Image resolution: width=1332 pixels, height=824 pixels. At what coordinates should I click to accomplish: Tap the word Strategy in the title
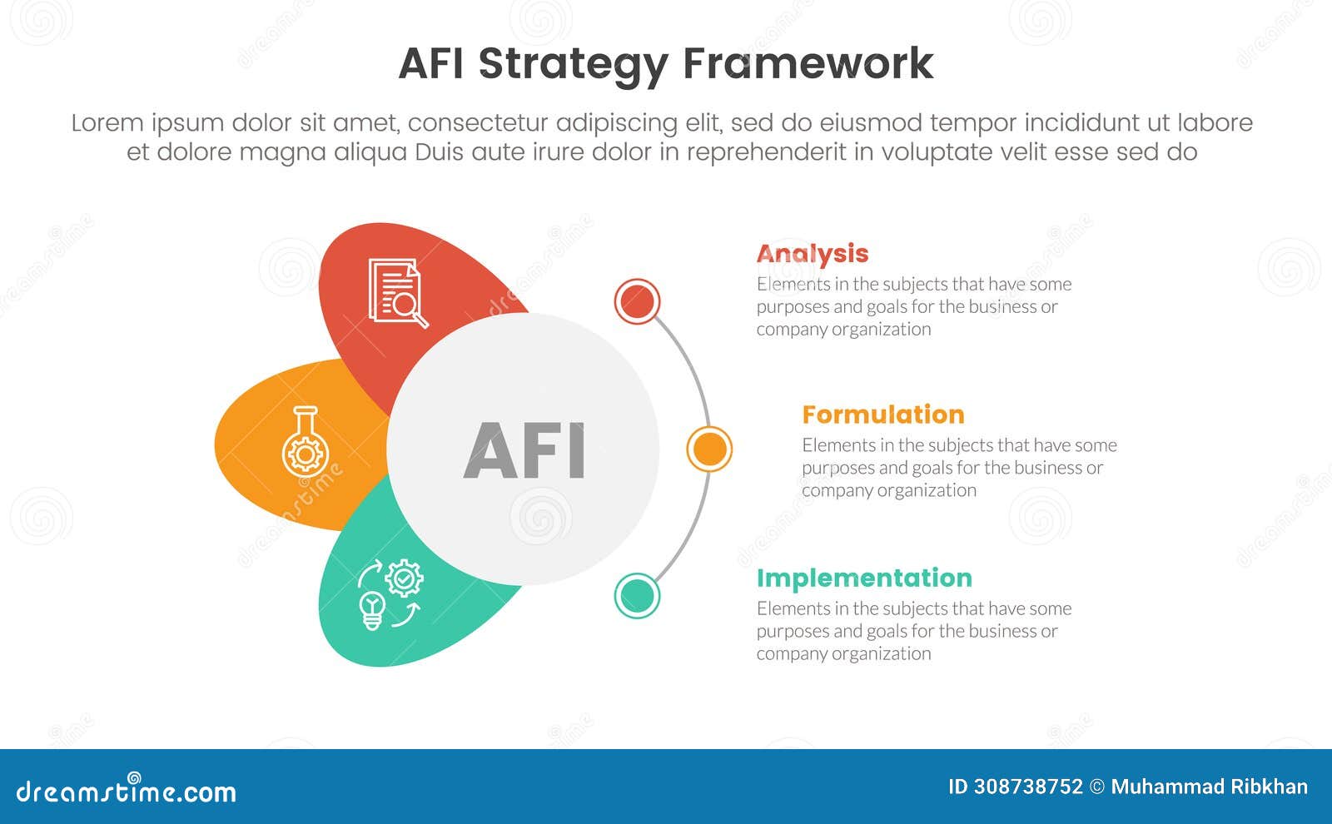[574, 65]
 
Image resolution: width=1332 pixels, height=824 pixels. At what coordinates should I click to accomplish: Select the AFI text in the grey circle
[524, 450]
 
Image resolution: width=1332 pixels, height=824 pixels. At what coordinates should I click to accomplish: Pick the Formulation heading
[882, 414]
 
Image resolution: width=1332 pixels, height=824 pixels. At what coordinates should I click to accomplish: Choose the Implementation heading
[863, 578]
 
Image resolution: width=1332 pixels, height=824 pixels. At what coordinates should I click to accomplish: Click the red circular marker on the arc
[637, 301]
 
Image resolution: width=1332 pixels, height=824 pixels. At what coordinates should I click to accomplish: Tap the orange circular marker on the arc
[709, 449]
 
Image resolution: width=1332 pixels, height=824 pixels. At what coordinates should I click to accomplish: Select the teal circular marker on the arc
[637, 596]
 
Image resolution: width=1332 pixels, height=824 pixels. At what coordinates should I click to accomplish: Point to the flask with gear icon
[305, 442]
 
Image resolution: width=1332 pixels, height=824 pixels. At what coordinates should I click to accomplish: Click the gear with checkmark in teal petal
[405, 577]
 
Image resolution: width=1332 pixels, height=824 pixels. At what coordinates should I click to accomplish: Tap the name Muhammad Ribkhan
[1209, 787]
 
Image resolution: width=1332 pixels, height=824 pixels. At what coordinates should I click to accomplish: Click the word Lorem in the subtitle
[107, 123]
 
